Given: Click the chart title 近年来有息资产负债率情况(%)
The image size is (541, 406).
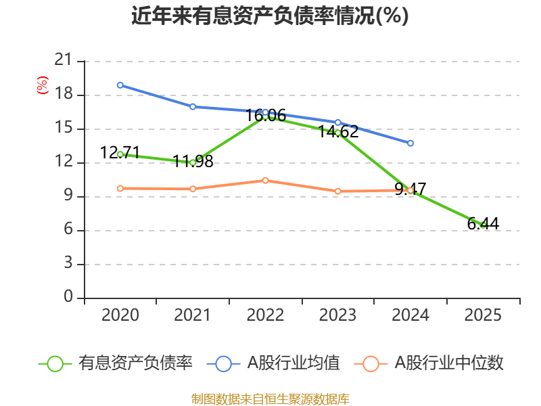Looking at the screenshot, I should coord(270,16).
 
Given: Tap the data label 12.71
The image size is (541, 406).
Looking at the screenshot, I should coord(120,153).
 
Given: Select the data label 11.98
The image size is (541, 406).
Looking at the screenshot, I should coord(193,162).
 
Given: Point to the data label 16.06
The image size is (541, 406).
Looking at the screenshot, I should coord(265,116).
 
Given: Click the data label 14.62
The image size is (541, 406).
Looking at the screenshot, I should coord(338,132).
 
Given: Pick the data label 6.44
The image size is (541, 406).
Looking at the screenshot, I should coord(483,224).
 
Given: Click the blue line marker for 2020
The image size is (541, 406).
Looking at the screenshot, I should coord(120,85).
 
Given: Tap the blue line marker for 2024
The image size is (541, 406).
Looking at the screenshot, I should coord(410,143).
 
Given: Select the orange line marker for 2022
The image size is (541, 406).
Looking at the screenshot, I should coord(265,181).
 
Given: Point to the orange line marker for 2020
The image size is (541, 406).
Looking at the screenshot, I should coord(120,189).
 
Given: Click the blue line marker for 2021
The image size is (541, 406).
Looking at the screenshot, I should coord(193,106).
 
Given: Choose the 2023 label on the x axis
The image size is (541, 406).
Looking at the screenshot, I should coord(338,315).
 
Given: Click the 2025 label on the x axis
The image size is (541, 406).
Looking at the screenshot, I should coord(483,315).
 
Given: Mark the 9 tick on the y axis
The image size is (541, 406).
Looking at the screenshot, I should coord(68,197).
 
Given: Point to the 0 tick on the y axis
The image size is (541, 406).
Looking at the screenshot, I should coord(68,298).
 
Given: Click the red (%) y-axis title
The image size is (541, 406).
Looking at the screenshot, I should coord(43,85).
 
